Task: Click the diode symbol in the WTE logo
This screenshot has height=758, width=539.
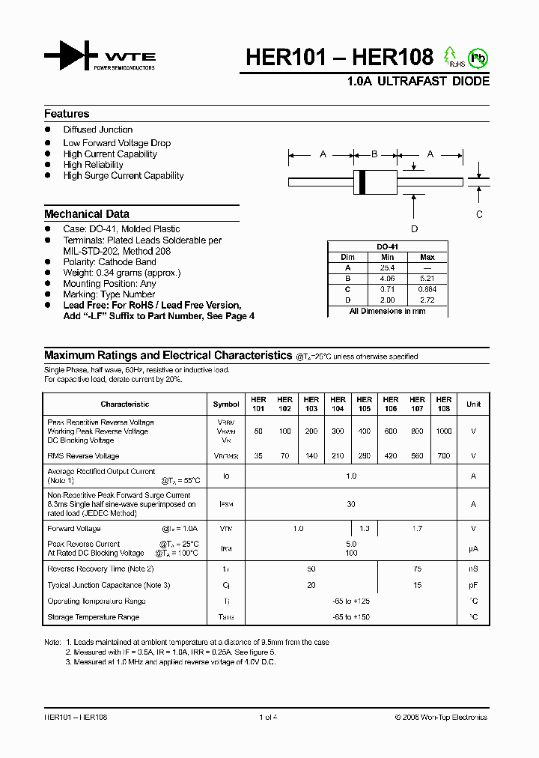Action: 70,57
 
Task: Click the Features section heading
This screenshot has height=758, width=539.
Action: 67,114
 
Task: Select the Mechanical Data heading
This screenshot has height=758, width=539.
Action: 87,213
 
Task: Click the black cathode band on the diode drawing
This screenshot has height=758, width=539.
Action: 363,181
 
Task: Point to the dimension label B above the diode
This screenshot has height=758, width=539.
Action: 374,154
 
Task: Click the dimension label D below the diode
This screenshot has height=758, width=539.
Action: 414,229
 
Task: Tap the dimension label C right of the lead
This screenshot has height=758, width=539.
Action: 480,213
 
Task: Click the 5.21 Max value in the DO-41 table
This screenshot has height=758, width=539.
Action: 427,278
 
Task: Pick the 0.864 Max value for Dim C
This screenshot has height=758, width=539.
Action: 427,289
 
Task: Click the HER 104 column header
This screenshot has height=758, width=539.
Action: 338,404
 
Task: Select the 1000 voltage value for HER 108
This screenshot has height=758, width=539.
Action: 444,431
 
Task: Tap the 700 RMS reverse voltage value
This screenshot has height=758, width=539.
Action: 444,455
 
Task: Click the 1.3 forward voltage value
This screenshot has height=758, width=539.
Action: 365,529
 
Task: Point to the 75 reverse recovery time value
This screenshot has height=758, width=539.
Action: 417,569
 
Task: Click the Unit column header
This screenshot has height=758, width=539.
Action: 473,404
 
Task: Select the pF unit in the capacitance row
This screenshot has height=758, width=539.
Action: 473,585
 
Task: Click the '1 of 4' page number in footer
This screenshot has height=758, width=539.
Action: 268,718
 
